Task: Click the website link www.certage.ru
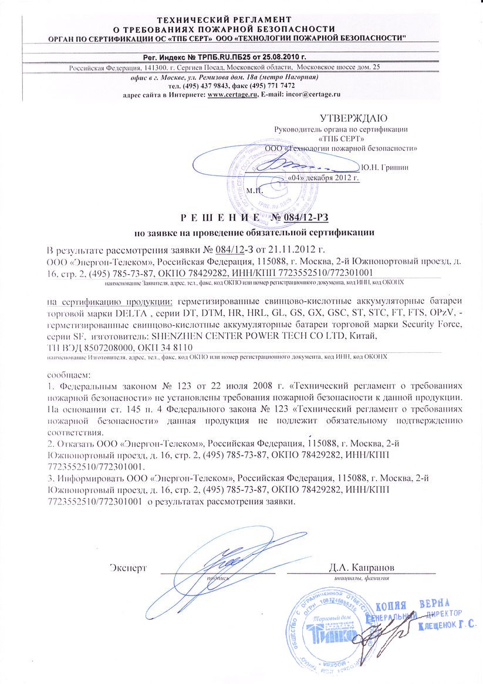click(x=233, y=94)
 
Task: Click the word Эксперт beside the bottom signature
click(x=127, y=568)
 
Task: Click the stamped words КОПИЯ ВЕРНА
click(x=413, y=605)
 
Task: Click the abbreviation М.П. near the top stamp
click(x=255, y=190)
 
